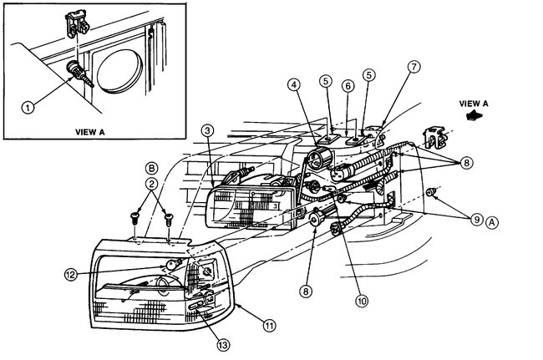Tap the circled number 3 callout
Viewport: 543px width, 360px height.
click(x=208, y=131)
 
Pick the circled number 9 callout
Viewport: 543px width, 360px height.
click(x=475, y=220)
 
